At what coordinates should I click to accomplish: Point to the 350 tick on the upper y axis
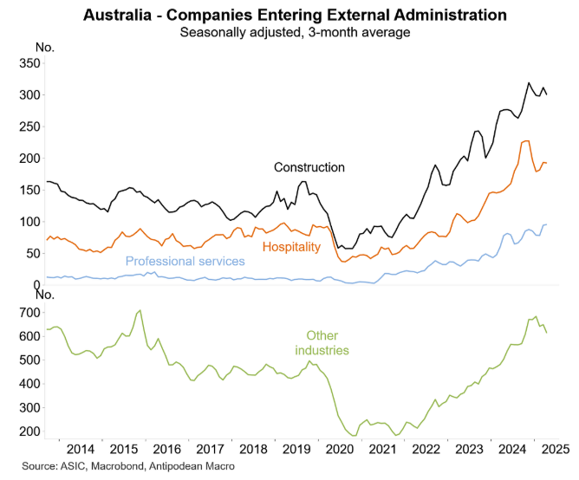29,63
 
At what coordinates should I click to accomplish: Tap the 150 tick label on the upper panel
29,190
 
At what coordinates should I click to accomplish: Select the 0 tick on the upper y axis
37,284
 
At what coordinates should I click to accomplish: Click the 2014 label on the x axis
80,449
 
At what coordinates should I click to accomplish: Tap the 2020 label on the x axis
341,449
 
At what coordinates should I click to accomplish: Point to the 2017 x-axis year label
210,449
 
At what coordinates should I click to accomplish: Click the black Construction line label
309,167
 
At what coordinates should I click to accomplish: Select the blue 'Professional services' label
185,261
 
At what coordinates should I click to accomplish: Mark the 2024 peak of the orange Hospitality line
526,140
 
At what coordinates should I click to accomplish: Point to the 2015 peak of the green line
140,310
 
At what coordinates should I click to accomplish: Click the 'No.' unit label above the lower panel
45,295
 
